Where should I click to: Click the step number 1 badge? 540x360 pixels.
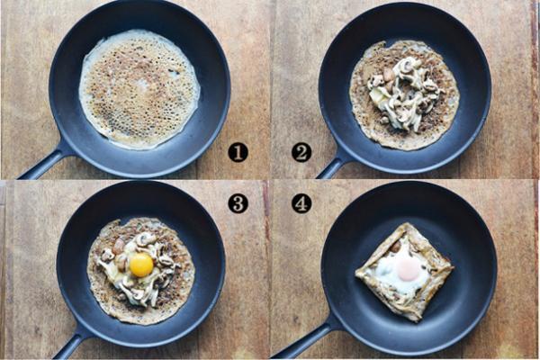click(238, 152)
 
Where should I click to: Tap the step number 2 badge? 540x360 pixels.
click(301, 152)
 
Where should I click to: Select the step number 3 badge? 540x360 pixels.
click(238, 203)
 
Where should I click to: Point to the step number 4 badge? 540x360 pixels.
click(301, 203)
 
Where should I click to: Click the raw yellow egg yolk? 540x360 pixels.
click(141, 265)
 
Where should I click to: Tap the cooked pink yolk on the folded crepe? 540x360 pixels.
click(408, 269)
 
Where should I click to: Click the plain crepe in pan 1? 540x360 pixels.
click(139, 89)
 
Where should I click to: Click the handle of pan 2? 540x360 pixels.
click(332, 166)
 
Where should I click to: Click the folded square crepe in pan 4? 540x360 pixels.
click(405, 272)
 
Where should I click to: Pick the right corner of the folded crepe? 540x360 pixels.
click(453, 266)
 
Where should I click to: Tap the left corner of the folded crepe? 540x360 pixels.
click(356, 274)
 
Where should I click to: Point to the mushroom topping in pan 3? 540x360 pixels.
click(138, 269)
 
